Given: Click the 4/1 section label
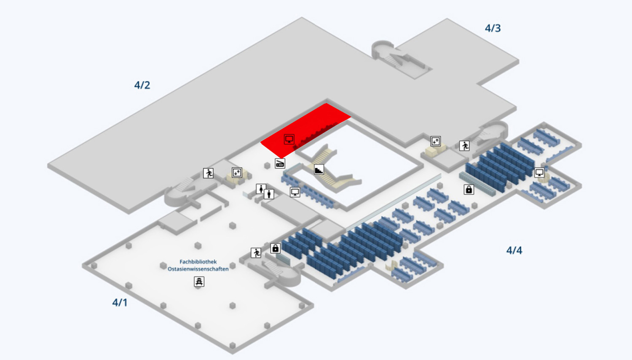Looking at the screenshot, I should click(x=120, y=302).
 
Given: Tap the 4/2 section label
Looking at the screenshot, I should click(x=142, y=85).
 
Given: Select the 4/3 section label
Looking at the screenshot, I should click(x=493, y=28).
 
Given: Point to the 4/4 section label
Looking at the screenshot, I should click(x=514, y=250).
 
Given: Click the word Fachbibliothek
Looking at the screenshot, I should click(x=198, y=262).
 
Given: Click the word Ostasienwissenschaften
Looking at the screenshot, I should click(x=198, y=269).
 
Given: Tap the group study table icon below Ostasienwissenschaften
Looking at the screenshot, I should click(x=199, y=281).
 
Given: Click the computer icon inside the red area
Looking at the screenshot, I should click(x=289, y=139).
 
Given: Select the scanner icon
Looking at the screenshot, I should click(x=280, y=163).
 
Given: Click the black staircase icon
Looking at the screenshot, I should click(x=319, y=169).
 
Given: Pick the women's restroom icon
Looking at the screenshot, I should click(x=261, y=188).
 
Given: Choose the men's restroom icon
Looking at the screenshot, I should click(x=269, y=194).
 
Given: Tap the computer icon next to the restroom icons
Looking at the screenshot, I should click(x=295, y=192).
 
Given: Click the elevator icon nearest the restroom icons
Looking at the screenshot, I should click(x=237, y=172).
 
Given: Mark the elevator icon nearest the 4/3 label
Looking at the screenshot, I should click(x=435, y=141).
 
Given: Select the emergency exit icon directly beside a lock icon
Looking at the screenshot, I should click(x=256, y=253).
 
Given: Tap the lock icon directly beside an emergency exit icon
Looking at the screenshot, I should click(x=275, y=248).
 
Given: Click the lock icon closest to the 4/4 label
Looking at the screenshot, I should click(x=469, y=190).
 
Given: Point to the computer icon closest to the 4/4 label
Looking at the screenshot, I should click(x=539, y=172).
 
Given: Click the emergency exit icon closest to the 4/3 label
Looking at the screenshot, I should click(x=464, y=146).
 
